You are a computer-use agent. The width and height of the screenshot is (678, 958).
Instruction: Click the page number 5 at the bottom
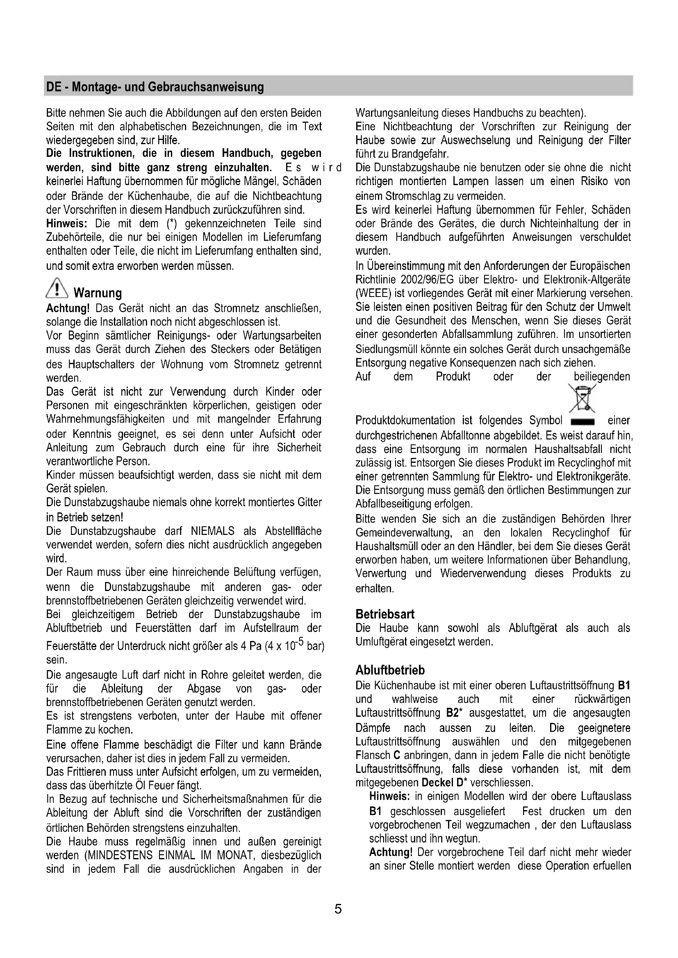pos(338,908)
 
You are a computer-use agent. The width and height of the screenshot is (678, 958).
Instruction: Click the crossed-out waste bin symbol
pos(582,400)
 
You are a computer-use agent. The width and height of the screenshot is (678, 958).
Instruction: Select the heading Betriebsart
pos(385,614)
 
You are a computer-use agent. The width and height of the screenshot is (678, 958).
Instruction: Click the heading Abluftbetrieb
pos(390,670)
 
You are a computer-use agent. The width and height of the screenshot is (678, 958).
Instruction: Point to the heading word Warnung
pos(98,293)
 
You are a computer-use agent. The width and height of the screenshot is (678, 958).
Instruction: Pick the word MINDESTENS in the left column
pos(118,855)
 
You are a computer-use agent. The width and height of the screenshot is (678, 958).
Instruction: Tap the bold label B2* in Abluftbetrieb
pos(452,713)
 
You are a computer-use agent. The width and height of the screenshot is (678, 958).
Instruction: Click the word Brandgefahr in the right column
pos(420,154)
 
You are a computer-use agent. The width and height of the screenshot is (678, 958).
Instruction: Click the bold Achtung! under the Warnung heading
pos(68,308)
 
